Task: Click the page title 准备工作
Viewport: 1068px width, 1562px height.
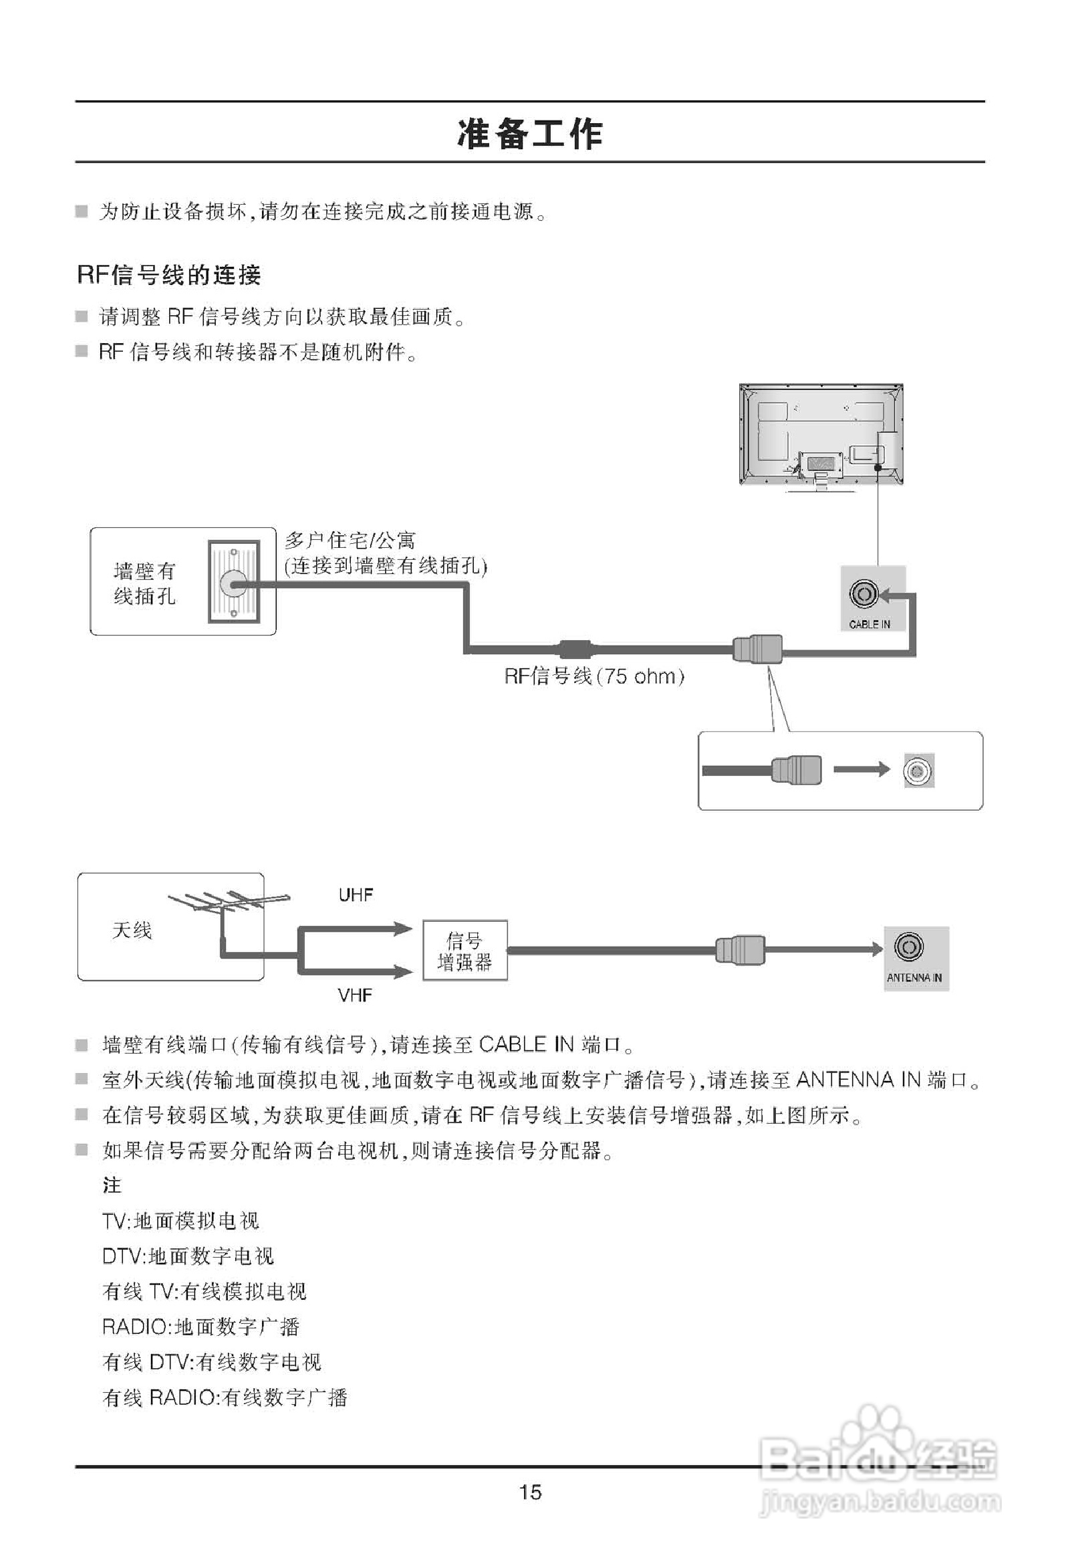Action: tap(530, 133)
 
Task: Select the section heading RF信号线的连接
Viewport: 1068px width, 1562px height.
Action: tap(168, 275)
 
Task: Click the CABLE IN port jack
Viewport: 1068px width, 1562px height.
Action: tap(863, 593)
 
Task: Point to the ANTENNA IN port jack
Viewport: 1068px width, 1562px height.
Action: tap(908, 947)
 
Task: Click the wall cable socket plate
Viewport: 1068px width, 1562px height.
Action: tap(234, 581)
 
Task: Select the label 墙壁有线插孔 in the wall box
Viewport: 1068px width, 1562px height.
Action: tap(144, 583)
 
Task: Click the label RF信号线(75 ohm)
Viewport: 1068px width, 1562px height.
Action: tap(594, 676)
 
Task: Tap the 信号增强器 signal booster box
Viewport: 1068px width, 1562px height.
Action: tap(464, 951)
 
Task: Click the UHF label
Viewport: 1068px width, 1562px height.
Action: tap(356, 895)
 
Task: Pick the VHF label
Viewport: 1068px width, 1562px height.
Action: tap(355, 995)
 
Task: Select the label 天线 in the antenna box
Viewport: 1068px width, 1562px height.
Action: tap(132, 931)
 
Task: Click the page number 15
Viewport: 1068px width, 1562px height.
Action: tap(530, 1492)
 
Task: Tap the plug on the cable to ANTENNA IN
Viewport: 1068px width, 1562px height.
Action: tap(740, 950)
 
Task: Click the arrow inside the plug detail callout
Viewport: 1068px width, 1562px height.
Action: tap(861, 769)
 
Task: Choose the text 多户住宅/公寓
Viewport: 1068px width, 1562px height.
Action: tap(350, 541)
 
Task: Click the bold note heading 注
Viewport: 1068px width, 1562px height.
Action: tap(112, 1185)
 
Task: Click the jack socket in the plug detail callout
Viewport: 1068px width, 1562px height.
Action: tap(918, 770)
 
